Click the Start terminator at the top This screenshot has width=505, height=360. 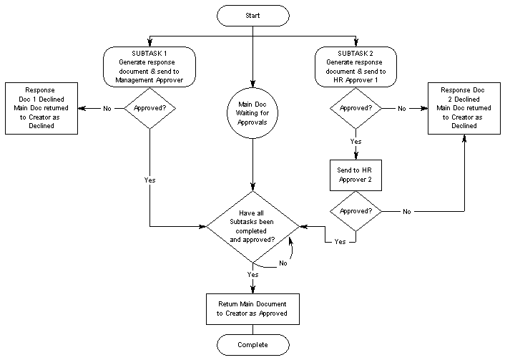(252, 15)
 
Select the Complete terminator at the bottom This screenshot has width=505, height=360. (252, 345)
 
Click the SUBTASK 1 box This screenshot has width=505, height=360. (149, 67)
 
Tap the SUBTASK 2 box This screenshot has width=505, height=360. (356, 67)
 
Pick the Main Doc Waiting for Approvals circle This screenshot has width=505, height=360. (252, 113)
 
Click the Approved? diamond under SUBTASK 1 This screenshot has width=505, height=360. (149, 109)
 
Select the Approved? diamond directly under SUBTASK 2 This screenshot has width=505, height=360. (356, 109)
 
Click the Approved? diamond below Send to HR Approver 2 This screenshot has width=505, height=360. (356, 212)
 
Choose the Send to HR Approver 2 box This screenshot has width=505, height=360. (356, 175)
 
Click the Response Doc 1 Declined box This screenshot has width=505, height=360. (40, 109)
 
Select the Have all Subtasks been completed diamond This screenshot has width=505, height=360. (252, 225)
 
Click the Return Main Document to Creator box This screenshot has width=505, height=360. (252, 308)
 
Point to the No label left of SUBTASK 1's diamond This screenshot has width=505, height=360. (107, 109)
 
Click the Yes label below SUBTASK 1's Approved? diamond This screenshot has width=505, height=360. (149, 180)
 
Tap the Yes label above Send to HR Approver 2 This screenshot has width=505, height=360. (356, 142)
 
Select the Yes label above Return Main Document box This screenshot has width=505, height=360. (252, 275)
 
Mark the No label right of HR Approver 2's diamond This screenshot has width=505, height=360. (406, 212)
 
